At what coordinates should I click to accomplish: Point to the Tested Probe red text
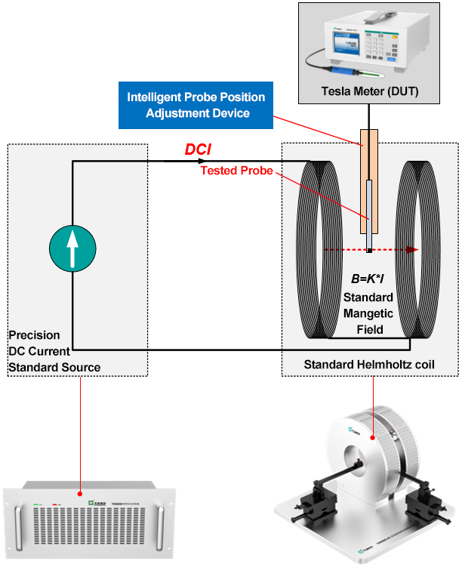click(236, 171)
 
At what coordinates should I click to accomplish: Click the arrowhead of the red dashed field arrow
click(414, 249)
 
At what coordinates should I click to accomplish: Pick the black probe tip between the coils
click(369, 249)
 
